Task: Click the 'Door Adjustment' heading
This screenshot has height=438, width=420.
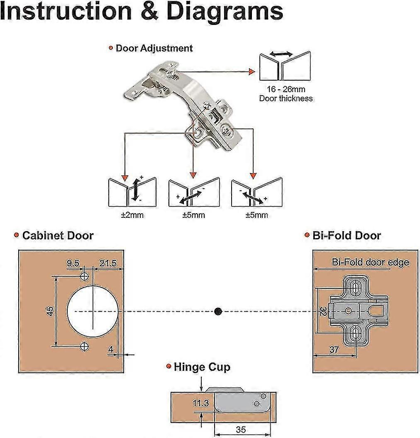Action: pyautogui.click(x=154, y=48)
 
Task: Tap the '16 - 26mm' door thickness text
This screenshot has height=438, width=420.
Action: pyautogui.click(x=286, y=89)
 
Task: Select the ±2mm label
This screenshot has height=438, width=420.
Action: pyautogui.click(x=132, y=215)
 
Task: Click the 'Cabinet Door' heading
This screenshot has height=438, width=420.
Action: pyautogui.click(x=58, y=236)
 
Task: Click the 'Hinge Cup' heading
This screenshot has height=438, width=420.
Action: pyautogui.click(x=202, y=367)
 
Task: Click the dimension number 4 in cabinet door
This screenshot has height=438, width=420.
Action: pyautogui.click(x=111, y=350)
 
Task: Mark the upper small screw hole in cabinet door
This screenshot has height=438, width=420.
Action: pyautogui.click(x=85, y=276)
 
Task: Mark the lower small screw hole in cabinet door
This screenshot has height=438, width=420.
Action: pyautogui.click(x=85, y=346)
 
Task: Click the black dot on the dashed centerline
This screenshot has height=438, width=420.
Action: pyautogui.click(x=218, y=311)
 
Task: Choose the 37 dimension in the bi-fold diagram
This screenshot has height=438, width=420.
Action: pyautogui.click(x=333, y=349)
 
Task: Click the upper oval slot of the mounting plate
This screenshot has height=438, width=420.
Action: pyautogui.click(x=356, y=288)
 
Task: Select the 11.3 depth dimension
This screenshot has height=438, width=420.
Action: pyautogui.click(x=200, y=404)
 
